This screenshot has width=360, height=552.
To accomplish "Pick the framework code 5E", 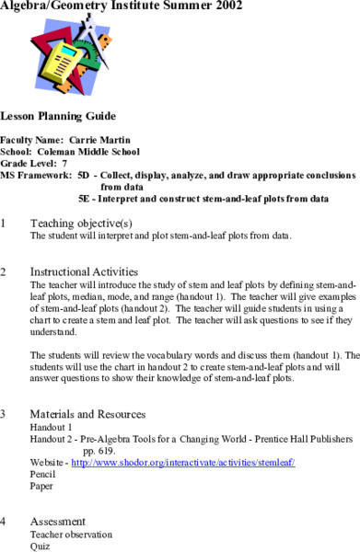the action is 85,197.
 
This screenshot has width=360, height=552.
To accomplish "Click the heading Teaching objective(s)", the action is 81,223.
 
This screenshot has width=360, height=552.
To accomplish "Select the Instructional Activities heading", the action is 85,272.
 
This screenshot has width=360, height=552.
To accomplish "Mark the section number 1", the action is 5,223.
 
